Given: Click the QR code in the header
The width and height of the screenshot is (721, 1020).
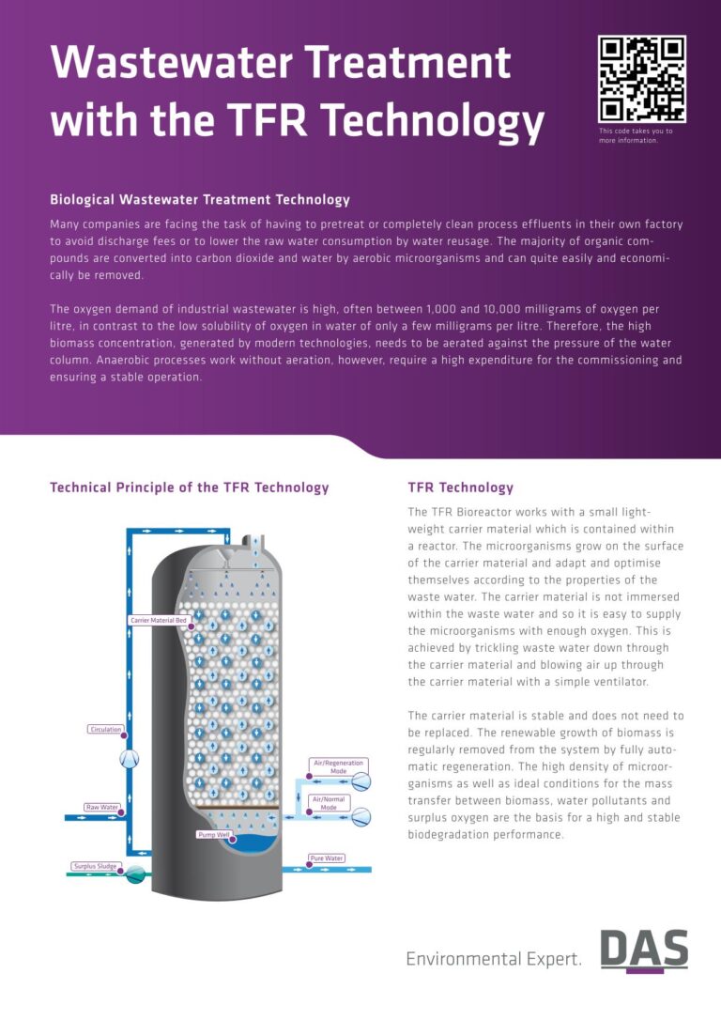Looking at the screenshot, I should coord(642,79).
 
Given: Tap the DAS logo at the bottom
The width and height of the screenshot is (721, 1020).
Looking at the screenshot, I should coord(644,950).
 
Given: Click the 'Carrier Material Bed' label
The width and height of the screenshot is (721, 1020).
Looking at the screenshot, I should coord(159,621).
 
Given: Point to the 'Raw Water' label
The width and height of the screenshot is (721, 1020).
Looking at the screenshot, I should coord(101,807).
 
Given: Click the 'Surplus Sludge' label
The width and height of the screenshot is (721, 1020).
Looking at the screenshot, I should coord(95,866).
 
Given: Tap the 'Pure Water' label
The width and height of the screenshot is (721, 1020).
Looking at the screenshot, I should coord(327,858).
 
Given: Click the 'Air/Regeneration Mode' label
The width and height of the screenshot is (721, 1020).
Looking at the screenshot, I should coord(338,766).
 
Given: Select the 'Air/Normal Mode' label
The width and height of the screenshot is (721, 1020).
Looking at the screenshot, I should coord(329,803).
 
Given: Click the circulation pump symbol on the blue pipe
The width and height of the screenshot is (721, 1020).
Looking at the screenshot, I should coord(130,758).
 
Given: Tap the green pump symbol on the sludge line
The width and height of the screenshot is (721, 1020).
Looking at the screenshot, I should coord(136,873).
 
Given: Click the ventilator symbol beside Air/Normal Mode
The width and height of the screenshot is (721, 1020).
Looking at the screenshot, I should coord(360,816).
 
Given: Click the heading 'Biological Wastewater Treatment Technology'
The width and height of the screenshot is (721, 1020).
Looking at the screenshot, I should coord(199,200).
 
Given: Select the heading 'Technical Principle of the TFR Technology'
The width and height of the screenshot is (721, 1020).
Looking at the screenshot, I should coord(189,487).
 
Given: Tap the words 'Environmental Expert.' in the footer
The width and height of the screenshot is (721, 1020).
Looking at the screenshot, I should coord(494,959).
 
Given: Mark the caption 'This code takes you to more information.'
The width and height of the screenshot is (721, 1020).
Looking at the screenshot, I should coord(636,136).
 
